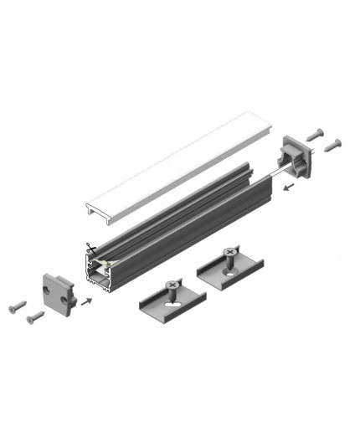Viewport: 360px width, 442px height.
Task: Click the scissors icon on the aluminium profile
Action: click(88, 249)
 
